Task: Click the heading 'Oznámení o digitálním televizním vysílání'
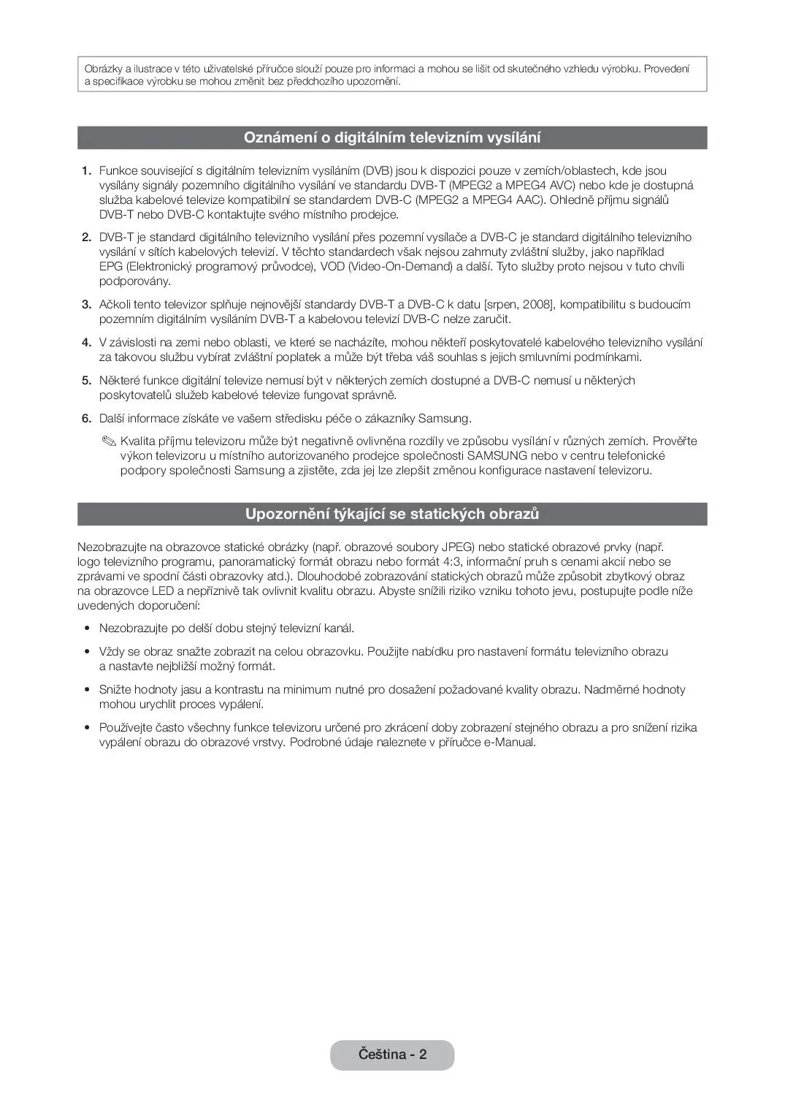[x=392, y=137]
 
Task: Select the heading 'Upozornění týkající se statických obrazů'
[x=392, y=514]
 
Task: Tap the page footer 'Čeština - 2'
[x=392, y=1055]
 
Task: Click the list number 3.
[x=86, y=305]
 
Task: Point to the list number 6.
[x=86, y=419]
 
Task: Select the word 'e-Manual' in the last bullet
[x=509, y=743]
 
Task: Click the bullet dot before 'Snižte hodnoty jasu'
[x=86, y=690]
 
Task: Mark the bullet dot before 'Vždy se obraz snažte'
[x=86, y=652]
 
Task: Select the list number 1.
[x=86, y=171]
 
